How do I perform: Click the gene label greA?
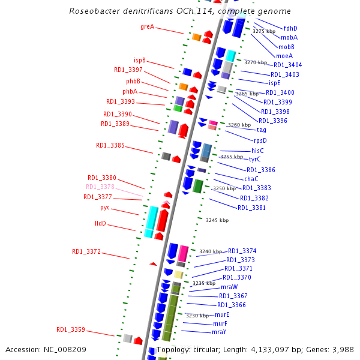tap(147, 26)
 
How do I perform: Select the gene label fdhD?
tap(290, 28)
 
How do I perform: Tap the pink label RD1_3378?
tap(100, 187)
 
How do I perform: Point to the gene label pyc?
tap(105, 208)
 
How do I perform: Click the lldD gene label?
tap(100, 223)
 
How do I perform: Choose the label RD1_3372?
tap(86, 251)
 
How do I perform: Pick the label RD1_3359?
tap(71, 329)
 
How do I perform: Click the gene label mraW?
tap(229, 287)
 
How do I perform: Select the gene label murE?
tap(222, 314)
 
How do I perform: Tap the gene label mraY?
tap(219, 332)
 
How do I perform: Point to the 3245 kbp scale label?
tap(217, 220)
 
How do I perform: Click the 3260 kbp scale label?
tap(240, 125)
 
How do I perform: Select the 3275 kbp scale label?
tap(264, 31)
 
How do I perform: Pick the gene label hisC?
tap(257, 151)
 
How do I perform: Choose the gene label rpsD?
tap(260, 140)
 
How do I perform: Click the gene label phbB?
tap(133, 81)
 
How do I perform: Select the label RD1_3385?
tap(110, 145)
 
